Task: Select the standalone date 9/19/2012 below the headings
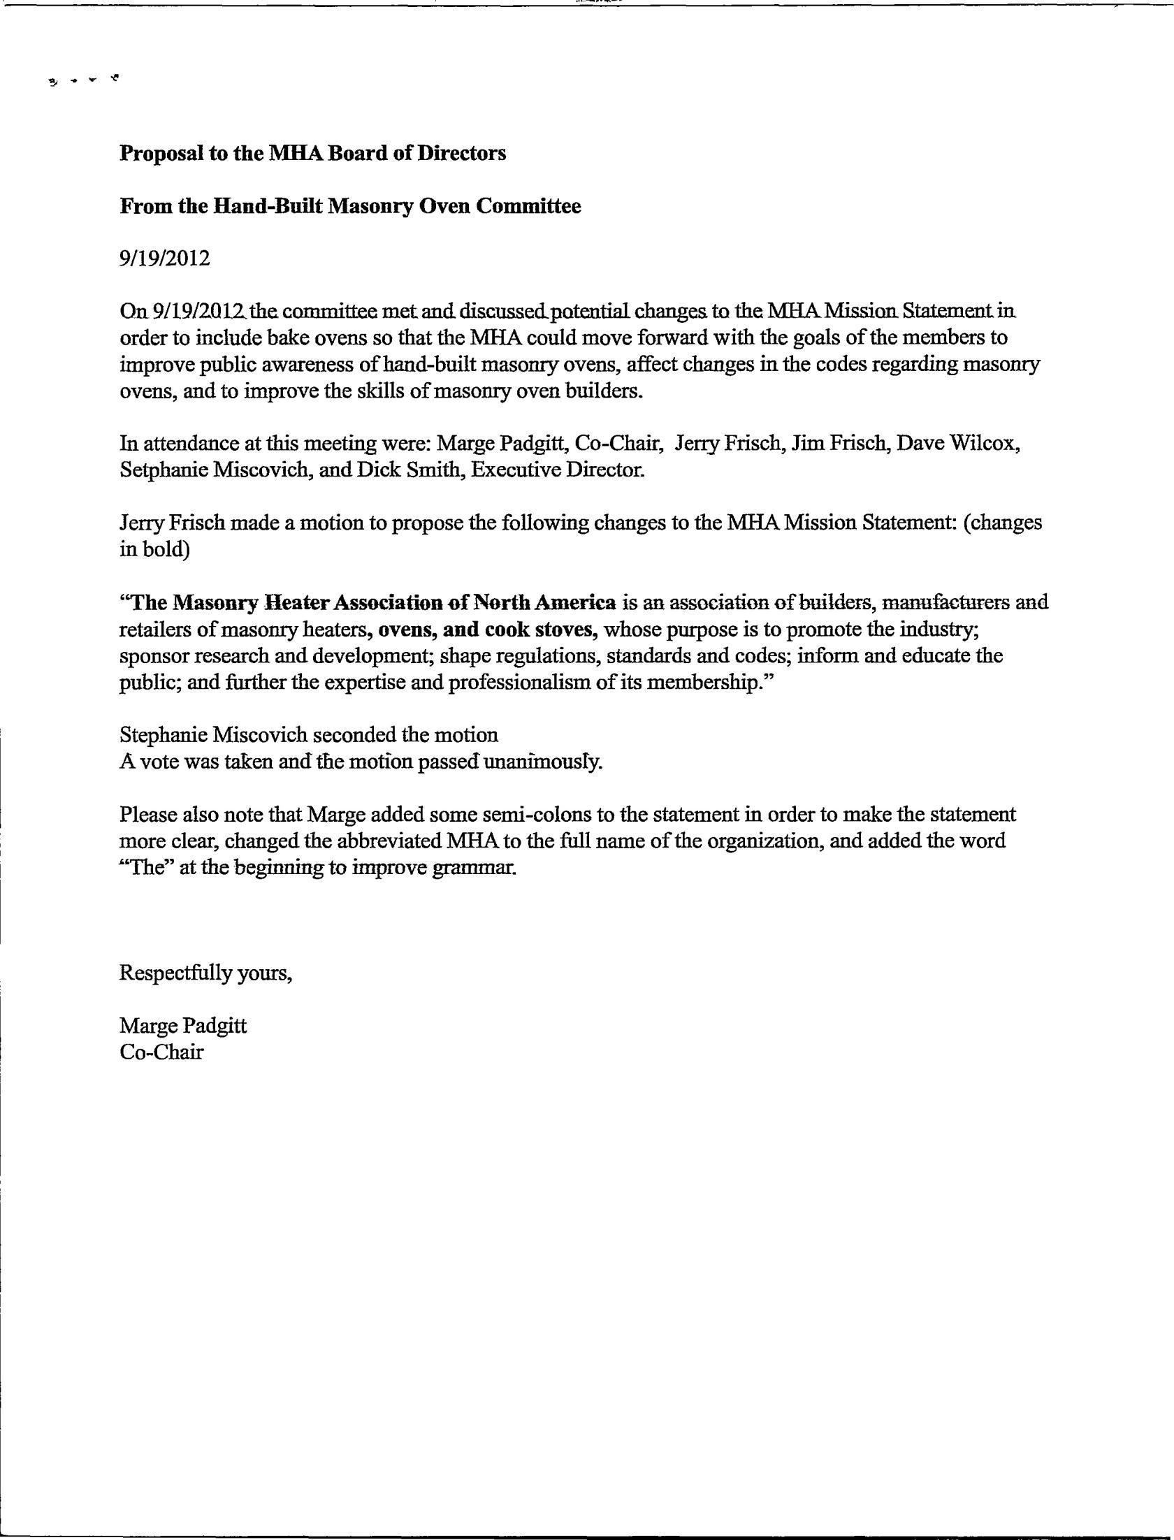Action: click(165, 259)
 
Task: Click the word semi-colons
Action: click(465, 815)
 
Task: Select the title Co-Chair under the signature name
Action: click(161, 1052)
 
